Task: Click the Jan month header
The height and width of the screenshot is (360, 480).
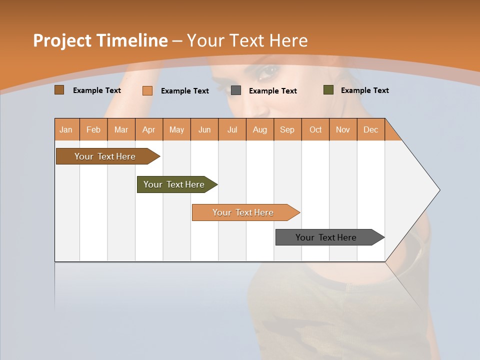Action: [66, 129]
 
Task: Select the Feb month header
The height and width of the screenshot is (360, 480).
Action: [93, 129]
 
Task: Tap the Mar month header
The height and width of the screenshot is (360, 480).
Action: [121, 129]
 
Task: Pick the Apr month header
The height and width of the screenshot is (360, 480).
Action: [149, 129]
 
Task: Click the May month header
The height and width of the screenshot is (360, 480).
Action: [176, 129]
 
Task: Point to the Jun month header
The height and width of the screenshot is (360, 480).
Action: [204, 129]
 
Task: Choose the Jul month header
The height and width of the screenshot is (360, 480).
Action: [232, 129]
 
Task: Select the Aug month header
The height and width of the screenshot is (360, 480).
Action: [260, 129]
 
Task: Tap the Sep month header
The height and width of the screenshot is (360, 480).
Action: [287, 129]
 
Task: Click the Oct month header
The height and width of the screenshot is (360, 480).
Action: [315, 129]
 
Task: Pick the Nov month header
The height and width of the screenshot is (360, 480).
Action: [343, 129]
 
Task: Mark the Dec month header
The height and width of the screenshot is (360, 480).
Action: [371, 129]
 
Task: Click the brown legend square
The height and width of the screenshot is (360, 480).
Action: [59, 90]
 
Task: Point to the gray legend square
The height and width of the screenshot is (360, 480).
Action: [236, 90]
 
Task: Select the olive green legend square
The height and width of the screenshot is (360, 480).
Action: [328, 90]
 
